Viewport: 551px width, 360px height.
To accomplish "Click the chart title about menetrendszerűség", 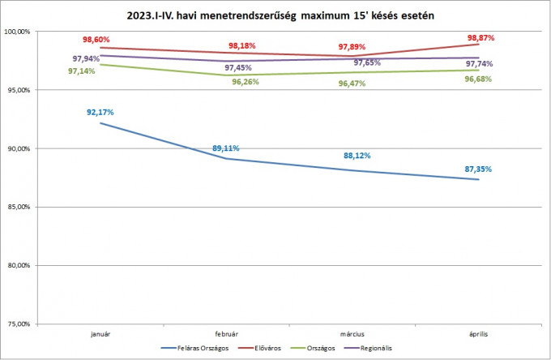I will pyautogui.click(x=275, y=15).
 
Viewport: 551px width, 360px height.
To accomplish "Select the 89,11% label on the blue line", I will pyautogui.click(x=226, y=148).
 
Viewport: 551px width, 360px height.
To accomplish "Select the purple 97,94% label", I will pyautogui.click(x=86, y=58).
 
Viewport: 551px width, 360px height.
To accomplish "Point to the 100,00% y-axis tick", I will pyautogui.click(x=18, y=32).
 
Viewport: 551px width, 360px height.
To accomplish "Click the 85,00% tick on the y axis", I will pyautogui.click(x=18, y=207).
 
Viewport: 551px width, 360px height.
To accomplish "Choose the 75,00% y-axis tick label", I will pyautogui.click(x=18, y=324).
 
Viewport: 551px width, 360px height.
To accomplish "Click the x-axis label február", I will pyautogui.click(x=226, y=333).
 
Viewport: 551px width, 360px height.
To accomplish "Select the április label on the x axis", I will pyautogui.click(x=479, y=333).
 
